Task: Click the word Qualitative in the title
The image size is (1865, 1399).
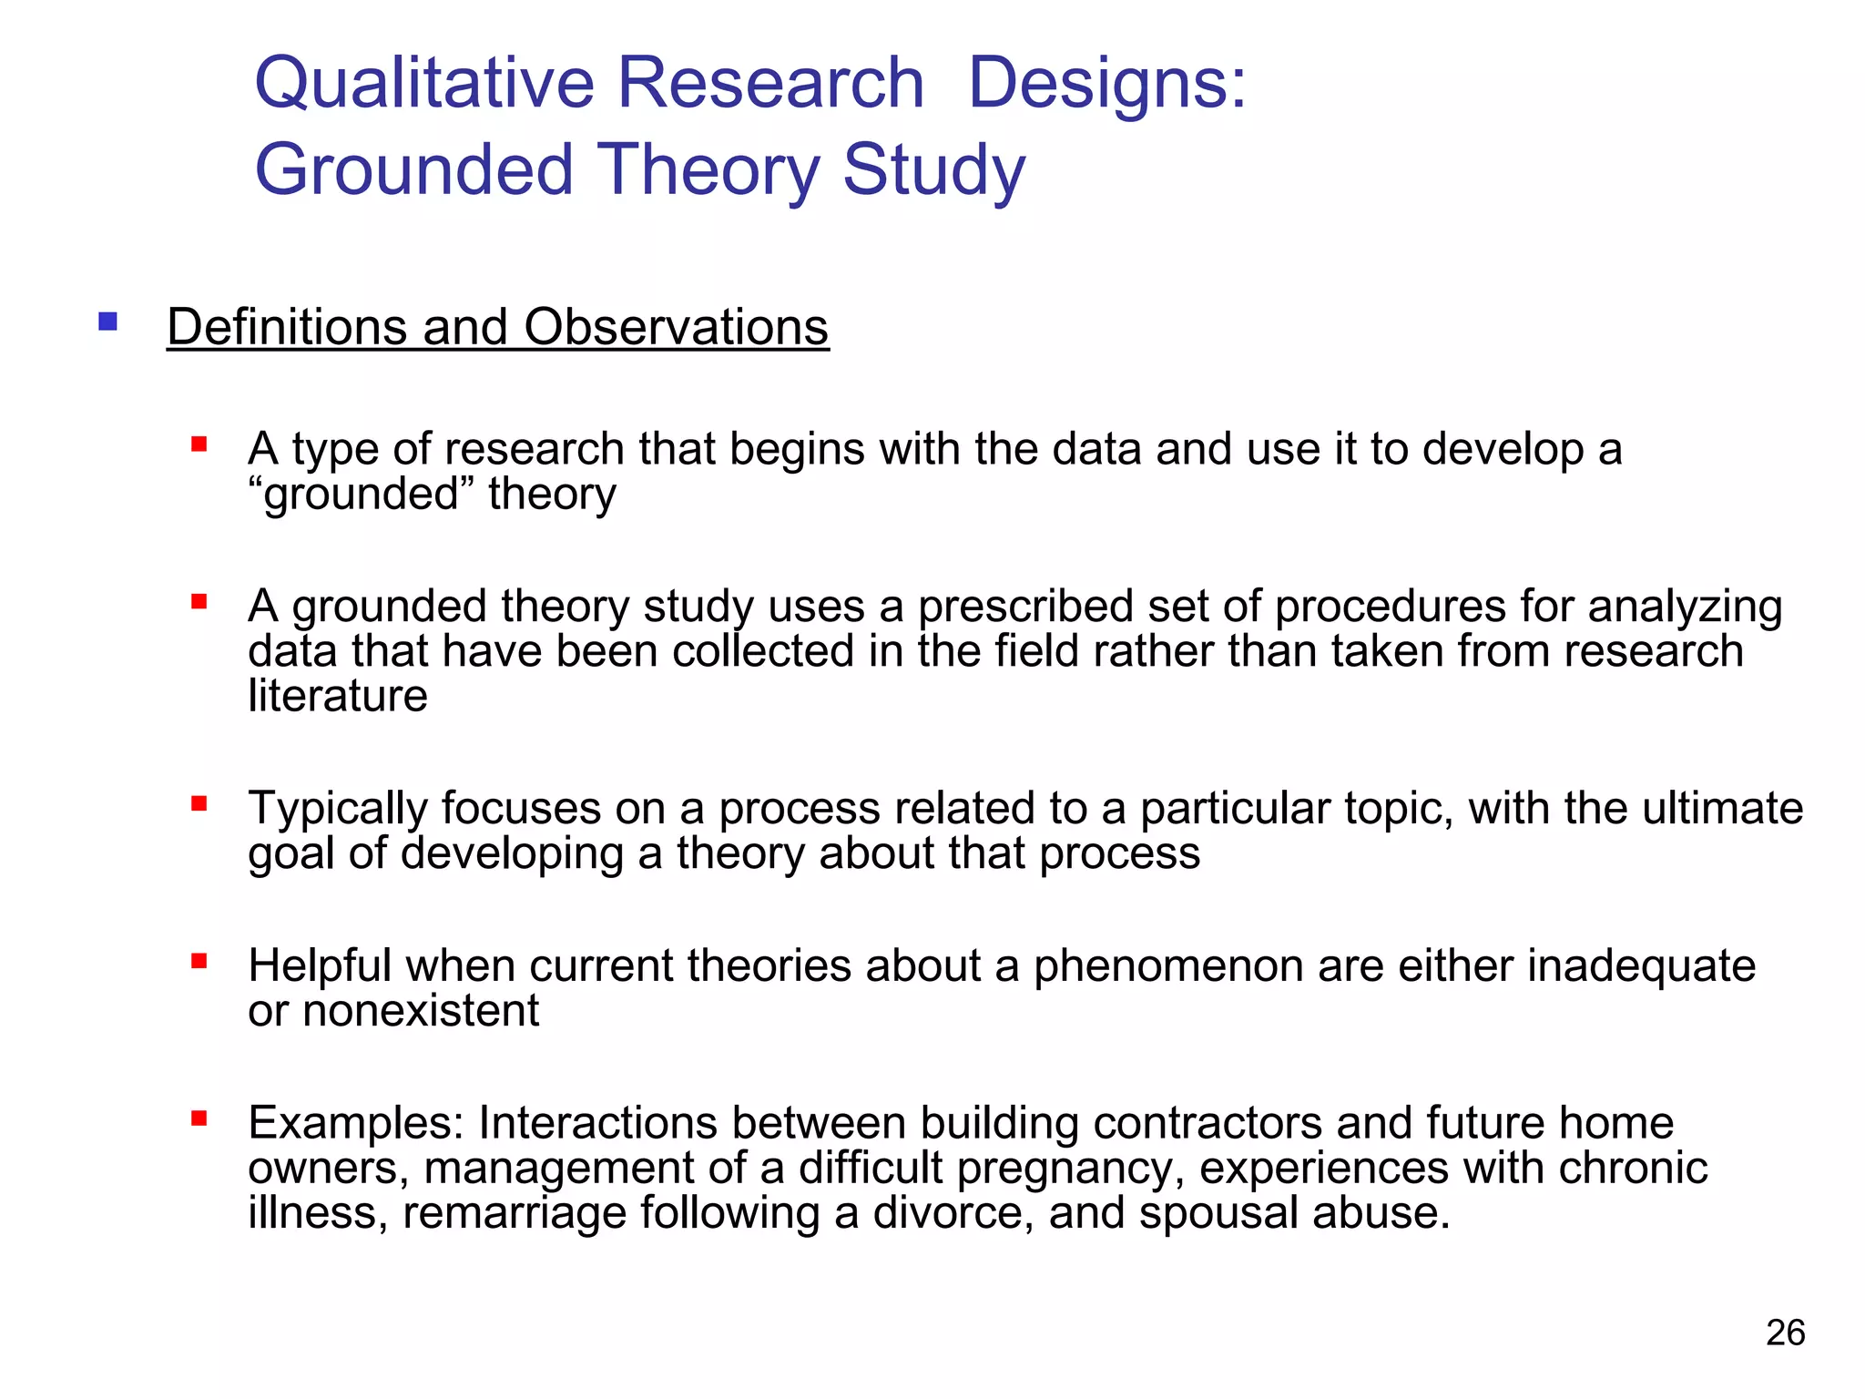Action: tap(423, 84)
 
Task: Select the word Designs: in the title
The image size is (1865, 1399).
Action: tap(1106, 84)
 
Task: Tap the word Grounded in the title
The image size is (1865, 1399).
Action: tap(414, 170)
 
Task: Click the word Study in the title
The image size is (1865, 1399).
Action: tap(933, 172)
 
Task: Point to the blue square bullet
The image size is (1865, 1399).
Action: tap(108, 322)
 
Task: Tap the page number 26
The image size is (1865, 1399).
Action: tap(1785, 1333)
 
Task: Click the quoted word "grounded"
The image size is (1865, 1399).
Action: tap(361, 495)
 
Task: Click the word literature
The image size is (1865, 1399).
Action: tap(337, 696)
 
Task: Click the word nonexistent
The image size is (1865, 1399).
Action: tap(421, 1011)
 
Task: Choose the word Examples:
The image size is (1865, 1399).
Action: tap(356, 1124)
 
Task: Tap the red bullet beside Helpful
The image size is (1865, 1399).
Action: tap(199, 961)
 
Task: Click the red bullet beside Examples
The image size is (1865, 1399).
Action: tap(199, 1118)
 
